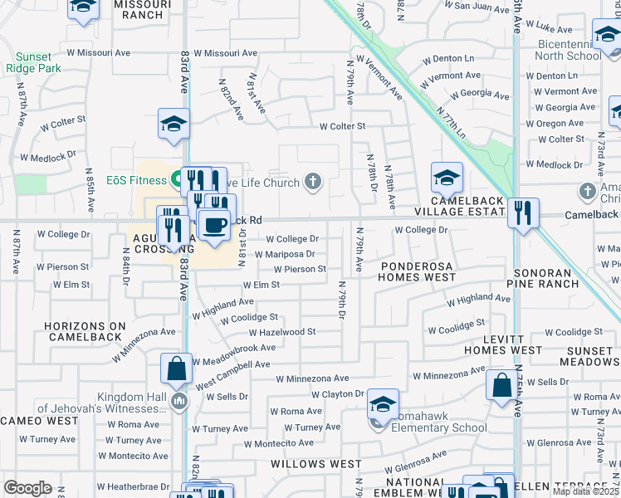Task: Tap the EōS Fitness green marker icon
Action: (177, 178)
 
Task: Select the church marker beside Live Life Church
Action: (313, 182)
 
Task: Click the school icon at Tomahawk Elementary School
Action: (382, 404)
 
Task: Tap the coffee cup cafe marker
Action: (215, 224)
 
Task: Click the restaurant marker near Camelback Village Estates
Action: (522, 212)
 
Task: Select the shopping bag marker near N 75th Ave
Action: (501, 385)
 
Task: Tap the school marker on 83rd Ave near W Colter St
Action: (174, 124)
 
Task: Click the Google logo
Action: (27, 488)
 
